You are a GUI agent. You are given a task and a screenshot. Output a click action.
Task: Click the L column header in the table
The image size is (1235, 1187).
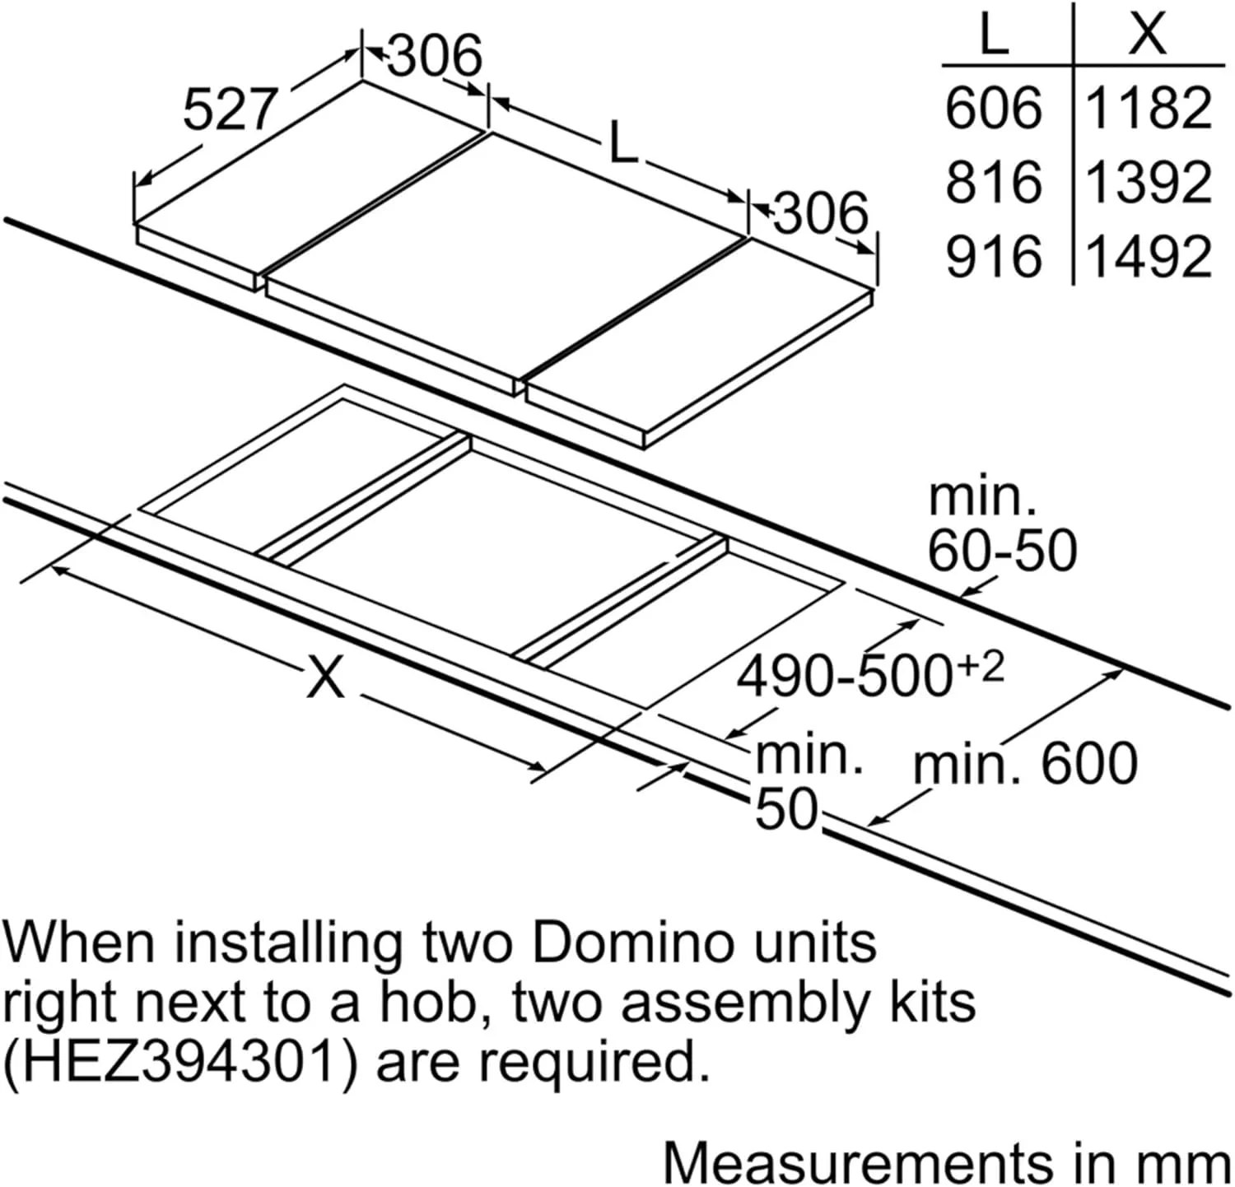[x=995, y=35]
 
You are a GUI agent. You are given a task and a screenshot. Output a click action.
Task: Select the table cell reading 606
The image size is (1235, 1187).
[x=994, y=109]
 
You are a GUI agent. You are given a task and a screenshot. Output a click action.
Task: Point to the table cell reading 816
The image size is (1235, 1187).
[x=994, y=183]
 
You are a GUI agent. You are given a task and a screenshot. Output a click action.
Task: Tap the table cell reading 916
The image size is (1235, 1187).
[x=994, y=256]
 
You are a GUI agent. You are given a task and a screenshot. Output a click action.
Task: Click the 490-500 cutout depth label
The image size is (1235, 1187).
[x=869, y=675]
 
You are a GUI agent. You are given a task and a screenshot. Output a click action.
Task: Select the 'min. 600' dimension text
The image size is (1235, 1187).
[x=1026, y=765]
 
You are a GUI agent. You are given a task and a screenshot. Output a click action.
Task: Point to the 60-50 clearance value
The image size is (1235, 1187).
[x=1003, y=550]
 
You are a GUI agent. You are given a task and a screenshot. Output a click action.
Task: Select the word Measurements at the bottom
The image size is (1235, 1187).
[x=858, y=1162]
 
